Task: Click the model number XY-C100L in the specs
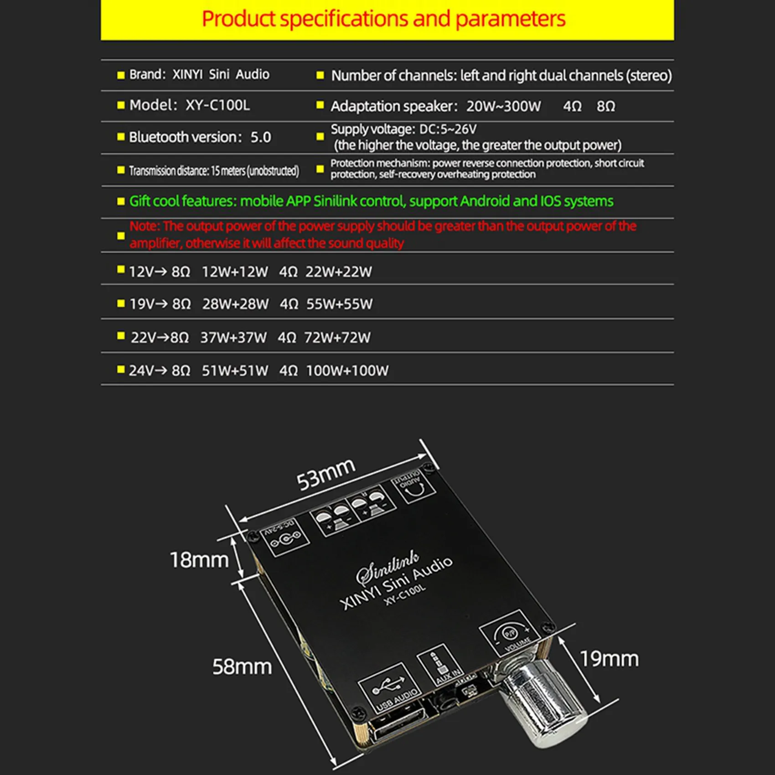[x=217, y=105]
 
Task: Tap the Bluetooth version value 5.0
[x=261, y=137]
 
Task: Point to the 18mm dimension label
[x=199, y=560]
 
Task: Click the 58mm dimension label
[x=242, y=666]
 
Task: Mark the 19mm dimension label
[x=609, y=659]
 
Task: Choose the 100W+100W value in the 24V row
[x=347, y=371]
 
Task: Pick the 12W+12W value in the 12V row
[x=235, y=272]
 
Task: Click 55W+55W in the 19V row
[x=339, y=304]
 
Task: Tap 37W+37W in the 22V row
[x=233, y=338]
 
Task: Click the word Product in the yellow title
[x=238, y=19]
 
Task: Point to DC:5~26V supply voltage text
[x=448, y=129]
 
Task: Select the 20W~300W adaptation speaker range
[x=503, y=106]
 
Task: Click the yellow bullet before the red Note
[x=121, y=236]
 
